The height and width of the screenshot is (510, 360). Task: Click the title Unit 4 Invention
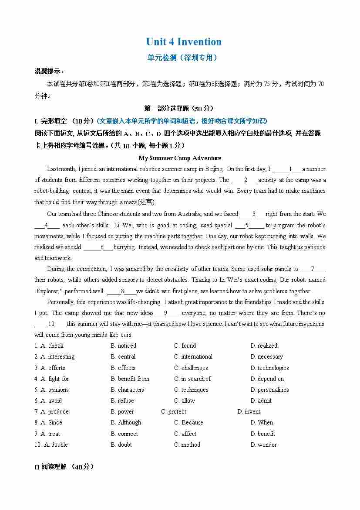[184, 42]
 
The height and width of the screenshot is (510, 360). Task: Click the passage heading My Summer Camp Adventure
[180, 158]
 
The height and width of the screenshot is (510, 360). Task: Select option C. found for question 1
[185, 346]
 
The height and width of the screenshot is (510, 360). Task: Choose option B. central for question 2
[123, 356]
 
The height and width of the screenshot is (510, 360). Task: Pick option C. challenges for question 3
[191, 368]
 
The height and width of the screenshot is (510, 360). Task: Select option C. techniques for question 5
[191, 390]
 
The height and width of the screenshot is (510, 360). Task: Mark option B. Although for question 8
[126, 422]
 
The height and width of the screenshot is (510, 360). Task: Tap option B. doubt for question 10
[121, 445]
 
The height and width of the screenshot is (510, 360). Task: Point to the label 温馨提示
[49, 71]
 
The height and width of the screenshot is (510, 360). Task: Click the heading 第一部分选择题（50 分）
[178, 108]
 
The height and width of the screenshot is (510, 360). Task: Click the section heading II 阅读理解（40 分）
[64, 466]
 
